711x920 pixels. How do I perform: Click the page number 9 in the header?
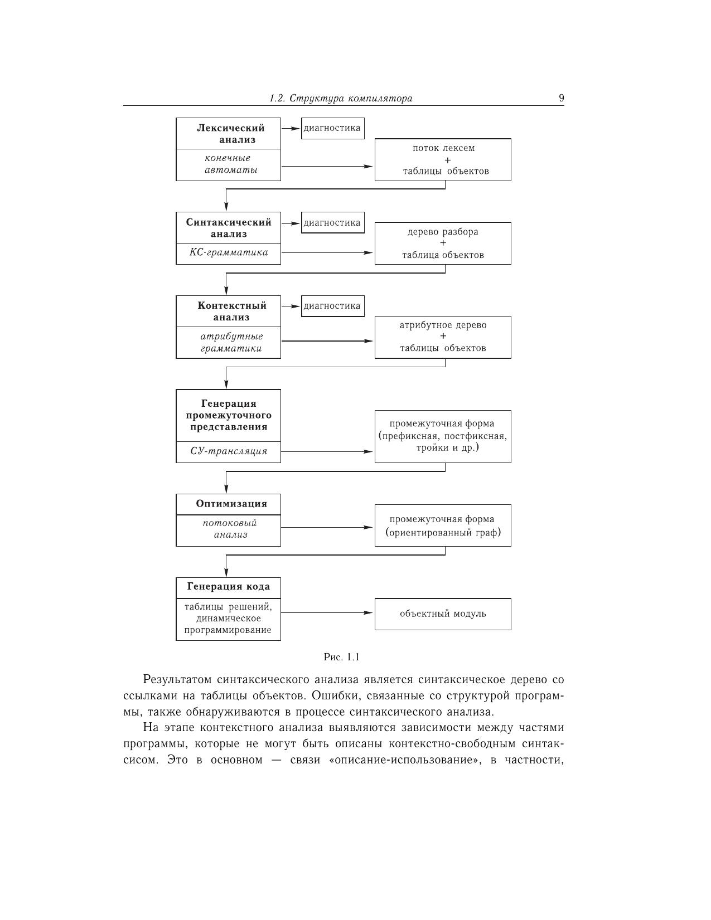coord(561,99)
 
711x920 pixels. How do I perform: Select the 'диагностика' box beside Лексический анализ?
coord(332,128)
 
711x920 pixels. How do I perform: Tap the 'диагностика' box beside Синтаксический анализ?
coord(332,223)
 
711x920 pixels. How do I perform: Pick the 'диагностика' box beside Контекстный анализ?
coord(332,306)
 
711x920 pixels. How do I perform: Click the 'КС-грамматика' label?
coord(229,252)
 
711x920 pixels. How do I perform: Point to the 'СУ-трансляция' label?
coord(229,451)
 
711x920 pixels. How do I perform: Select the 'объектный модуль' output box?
coord(443,614)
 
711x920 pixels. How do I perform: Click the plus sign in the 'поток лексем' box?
coord(448,160)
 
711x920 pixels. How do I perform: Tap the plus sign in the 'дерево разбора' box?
coord(443,244)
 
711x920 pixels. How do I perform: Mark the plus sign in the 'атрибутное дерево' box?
coord(443,337)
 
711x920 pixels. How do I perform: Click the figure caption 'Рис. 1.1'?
coord(342,657)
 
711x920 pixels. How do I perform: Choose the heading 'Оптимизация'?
coord(231,504)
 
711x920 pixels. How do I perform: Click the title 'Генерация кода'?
coord(229,586)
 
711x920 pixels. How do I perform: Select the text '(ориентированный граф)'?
coord(443,532)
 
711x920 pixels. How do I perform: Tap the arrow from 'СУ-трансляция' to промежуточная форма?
coord(327,451)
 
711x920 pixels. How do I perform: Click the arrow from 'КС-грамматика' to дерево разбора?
coord(327,253)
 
